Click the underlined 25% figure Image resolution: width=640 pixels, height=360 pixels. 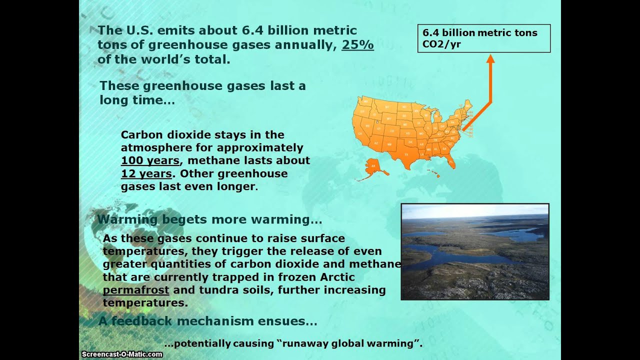357,45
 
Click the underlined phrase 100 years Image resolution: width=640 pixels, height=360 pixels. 150,161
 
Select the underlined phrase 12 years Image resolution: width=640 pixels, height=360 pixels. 146,174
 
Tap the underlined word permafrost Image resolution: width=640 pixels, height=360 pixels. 136,290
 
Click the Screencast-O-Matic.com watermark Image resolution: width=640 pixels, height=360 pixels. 122,354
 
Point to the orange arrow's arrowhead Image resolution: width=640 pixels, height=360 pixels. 490,58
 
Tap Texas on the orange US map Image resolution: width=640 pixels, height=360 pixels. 406,152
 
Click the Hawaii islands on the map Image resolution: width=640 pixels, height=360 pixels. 433,173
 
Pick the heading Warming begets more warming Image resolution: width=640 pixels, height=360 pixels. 209,220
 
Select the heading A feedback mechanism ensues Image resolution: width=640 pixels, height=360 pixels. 207,321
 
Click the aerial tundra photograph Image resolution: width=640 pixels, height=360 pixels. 475,251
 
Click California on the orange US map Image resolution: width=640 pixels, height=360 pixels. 360,129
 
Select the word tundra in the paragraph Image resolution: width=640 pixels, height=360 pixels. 230,290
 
